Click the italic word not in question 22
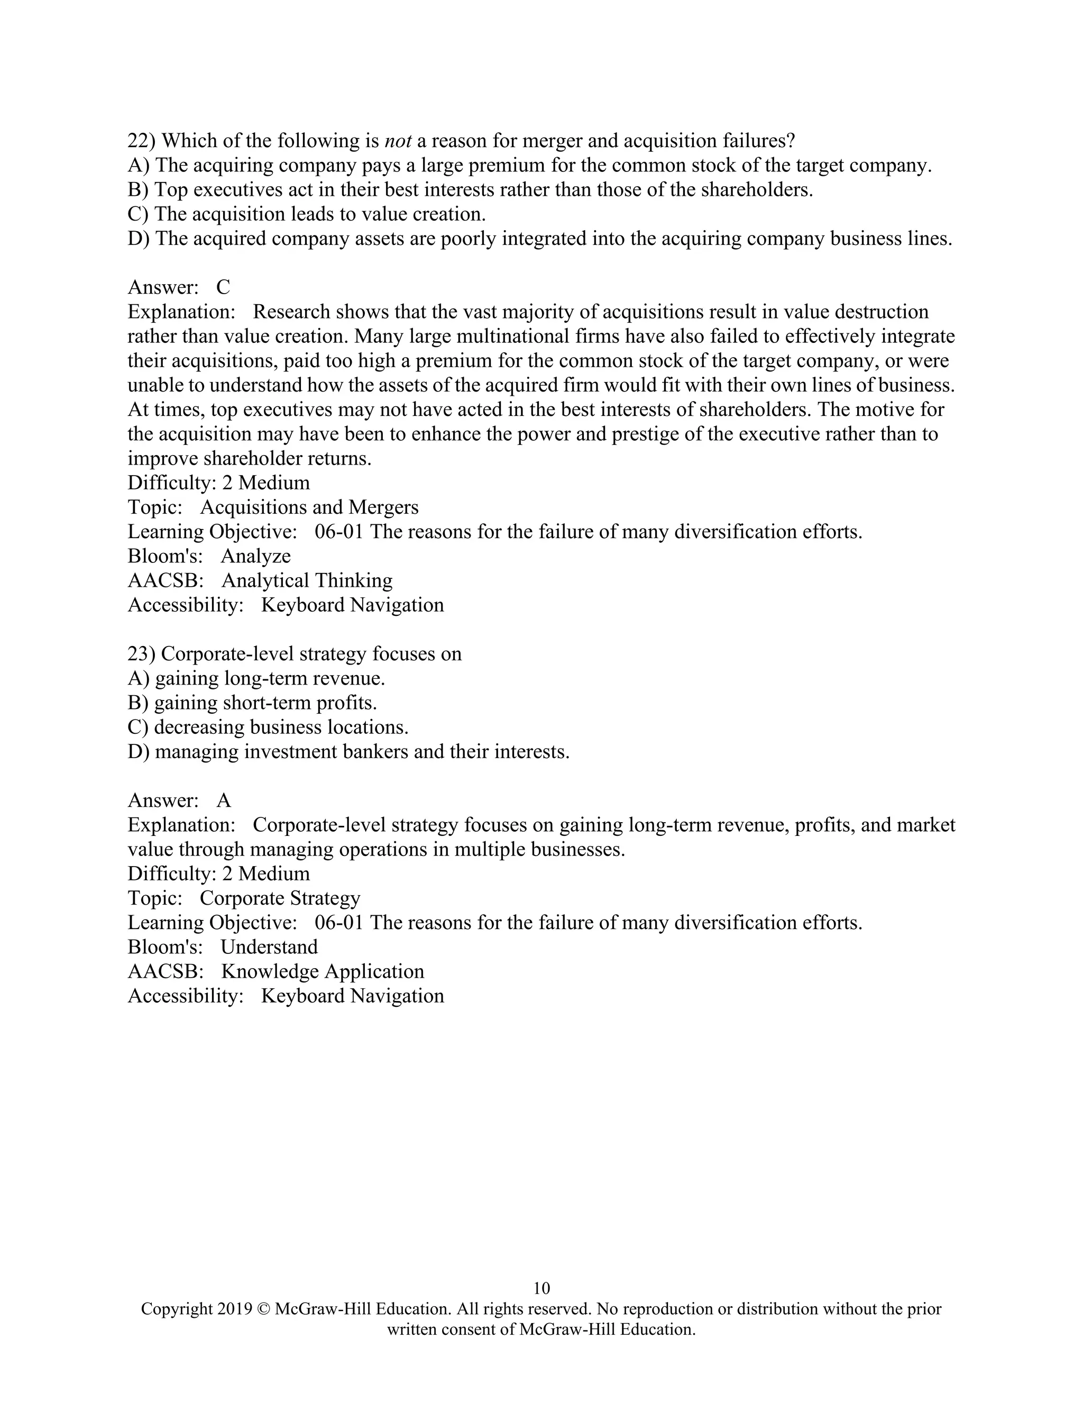[397, 141]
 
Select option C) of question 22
[307, 214]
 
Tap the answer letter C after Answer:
[223, 287]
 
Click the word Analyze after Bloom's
[255, 556]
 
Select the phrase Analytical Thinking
[307, 580]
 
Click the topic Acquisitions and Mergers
[309, 507]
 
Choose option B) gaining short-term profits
[252, 703]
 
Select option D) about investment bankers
[348, 752]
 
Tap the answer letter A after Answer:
[223, 800]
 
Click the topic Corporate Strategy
[280, 898]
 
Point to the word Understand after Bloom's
[269, 947]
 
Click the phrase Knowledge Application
[322, 971]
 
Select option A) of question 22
[529, 165]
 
